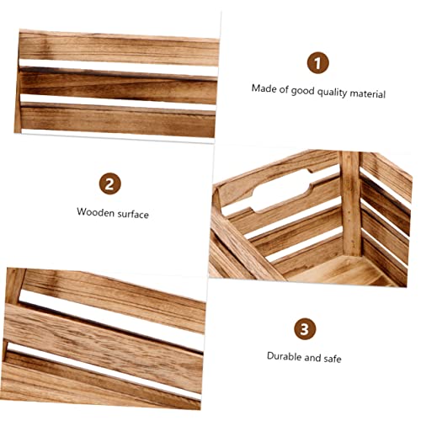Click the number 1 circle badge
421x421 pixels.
[x=317, y=61]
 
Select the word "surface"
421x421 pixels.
[x=133, y=214]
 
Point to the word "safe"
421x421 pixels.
[x=331, y=358]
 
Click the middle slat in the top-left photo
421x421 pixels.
[x=118, y=84]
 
